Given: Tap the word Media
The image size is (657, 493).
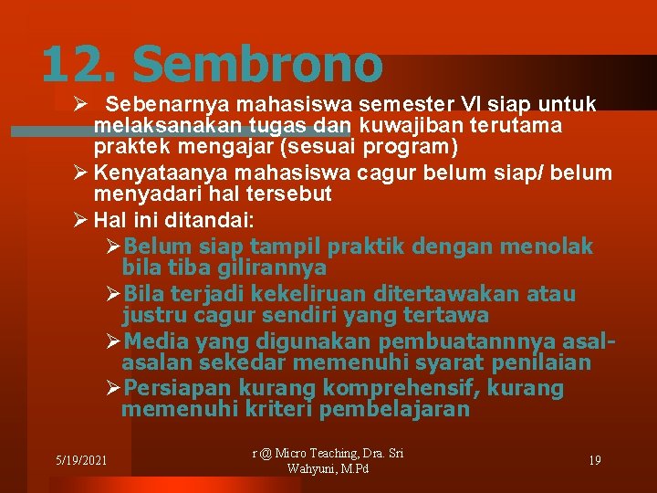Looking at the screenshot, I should (x=152, y=341).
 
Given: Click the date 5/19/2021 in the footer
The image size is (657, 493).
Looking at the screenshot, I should (x=80, y=459).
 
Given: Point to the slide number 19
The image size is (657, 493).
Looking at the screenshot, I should (x=594, y=459).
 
